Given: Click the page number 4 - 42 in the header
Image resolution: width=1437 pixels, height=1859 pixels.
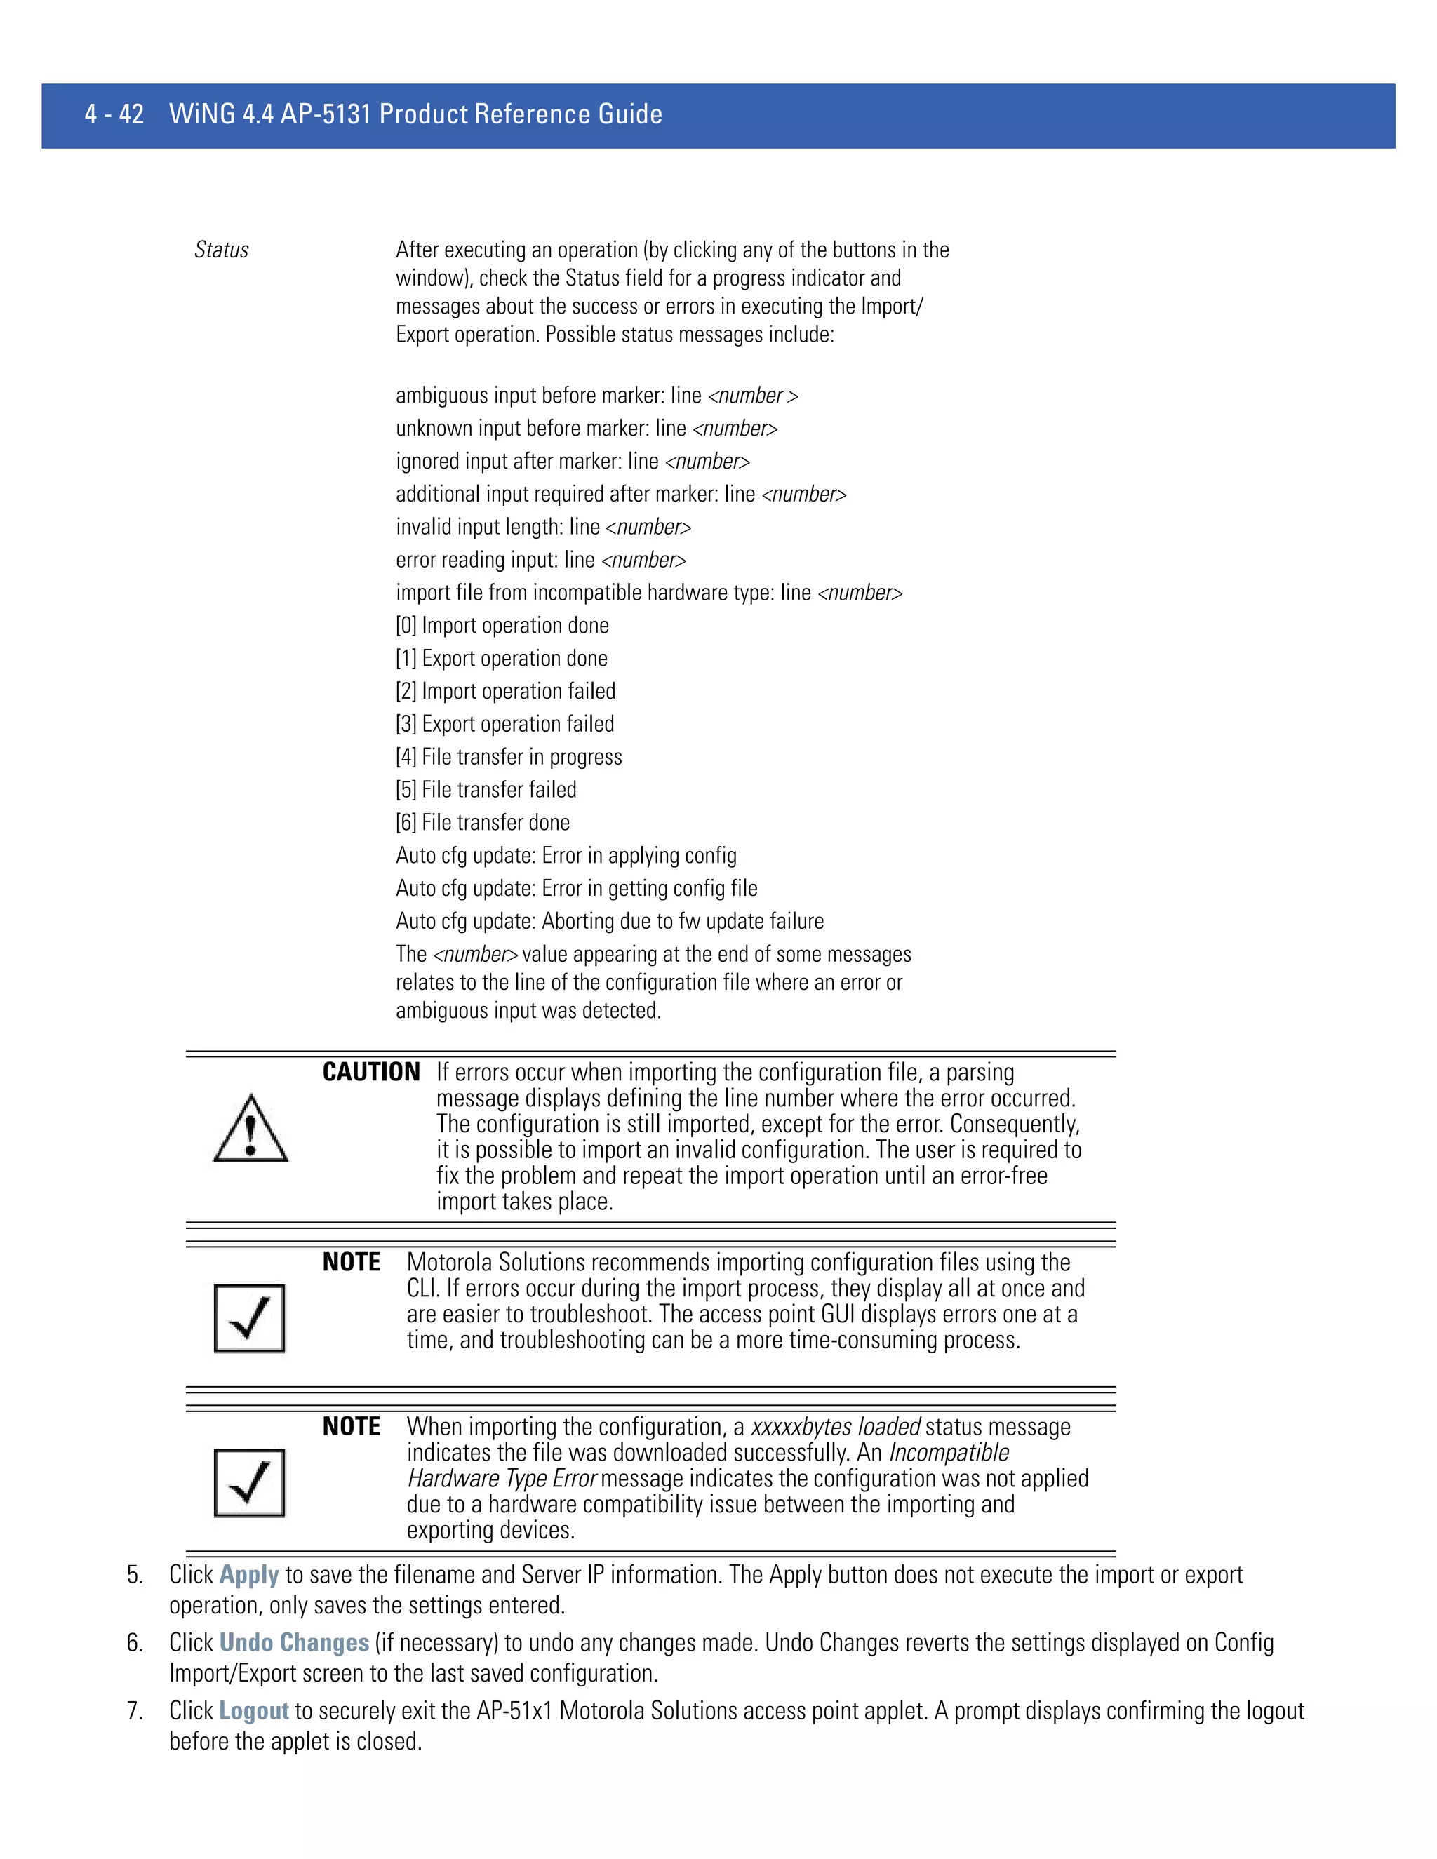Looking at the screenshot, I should point(114,114).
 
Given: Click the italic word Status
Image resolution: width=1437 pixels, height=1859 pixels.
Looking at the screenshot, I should point(221,250).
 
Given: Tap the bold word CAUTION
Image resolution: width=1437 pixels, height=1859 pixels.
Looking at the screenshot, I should point(371,1072).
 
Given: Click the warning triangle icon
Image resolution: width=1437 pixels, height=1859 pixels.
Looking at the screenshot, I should point(250,1129).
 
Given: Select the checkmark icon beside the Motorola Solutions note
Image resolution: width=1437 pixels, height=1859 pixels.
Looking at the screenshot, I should point(249,1319).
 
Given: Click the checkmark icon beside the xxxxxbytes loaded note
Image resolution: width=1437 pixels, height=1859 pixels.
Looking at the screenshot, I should point(249,1483).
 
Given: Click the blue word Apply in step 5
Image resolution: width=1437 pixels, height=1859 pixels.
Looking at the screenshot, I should point(248,1575).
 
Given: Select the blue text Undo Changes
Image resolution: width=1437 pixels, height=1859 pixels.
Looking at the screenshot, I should point(294,1642).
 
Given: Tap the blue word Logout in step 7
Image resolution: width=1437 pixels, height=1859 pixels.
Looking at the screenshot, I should point(254,1710).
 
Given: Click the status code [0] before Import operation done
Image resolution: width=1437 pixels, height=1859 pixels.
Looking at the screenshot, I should point(406,626).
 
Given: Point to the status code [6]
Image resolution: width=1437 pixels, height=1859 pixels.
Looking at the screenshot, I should point(406,823).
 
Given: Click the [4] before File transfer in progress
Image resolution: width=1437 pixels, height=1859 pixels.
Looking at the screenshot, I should point(406,758).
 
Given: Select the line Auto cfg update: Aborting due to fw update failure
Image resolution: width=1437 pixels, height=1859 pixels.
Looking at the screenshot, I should point(610,921).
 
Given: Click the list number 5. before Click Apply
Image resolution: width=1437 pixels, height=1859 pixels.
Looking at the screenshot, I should point(135,1575).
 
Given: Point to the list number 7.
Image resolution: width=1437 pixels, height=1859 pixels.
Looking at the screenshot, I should point(135,1710).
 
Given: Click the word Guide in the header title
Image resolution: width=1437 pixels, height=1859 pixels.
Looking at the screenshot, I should point(630,114).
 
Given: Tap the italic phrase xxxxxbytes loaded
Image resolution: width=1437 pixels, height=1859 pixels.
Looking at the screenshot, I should point(835,1427).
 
